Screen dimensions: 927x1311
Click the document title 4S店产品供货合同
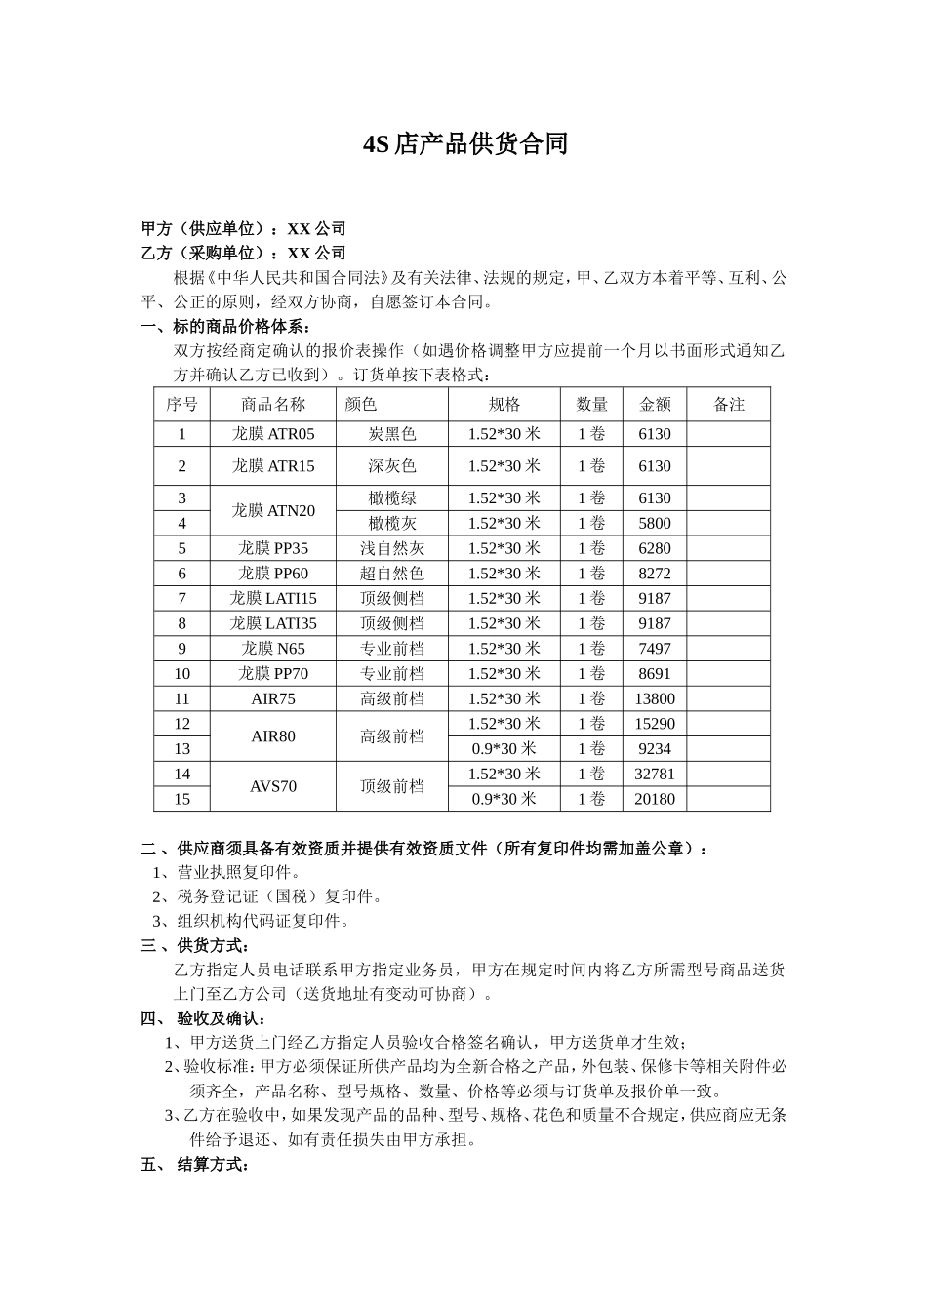pyautogui.click(x=464, y=145)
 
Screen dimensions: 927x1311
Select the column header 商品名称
pyautogui.click(x=273, y=404)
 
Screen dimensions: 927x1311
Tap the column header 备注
pyautogui.click(x=728, y=404)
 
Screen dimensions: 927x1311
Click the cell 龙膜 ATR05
pyautogui.click(x=273, y=434)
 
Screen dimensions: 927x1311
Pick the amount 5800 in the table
pyautogui.click(x=654, y=524)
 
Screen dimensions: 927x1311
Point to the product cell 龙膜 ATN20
pyautogui.click(x=273, y=510)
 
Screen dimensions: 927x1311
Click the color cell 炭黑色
pyautogui.click(x=392, y=434)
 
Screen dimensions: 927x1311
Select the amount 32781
pyautogui.click(x=654, y=775)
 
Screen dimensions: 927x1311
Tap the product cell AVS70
pyautogui.click(x=273, y=786)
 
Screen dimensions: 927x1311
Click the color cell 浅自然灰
pyautogui.click(x=392, y=549)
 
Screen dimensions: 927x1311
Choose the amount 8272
pyautogui.click(x=654, y=574)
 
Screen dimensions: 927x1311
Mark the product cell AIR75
pyautogui.click(x=273, y=699)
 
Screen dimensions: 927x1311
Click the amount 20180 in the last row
pyautogui.click(x=654, y=800)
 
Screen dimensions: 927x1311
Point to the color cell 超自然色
pyautogui.click(x=392, y=574)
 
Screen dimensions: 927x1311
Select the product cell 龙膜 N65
pyautogui.click(x=273, y=649)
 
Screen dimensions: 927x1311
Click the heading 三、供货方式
pyautogui.click(x=195, y=946)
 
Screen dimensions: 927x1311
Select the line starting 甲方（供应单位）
pyautogui.click(x=244, y=229)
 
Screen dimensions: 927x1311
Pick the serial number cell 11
pyautogui.click(x=181, y=699)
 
